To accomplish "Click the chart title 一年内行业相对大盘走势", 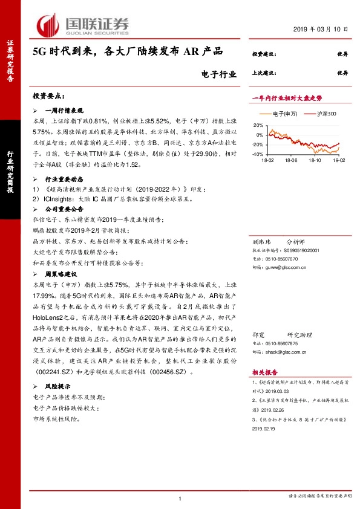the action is [287, 97].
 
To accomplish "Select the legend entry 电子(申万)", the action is [279, 113].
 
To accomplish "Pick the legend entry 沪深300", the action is [320, 113].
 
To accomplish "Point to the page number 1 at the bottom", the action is [180, 498].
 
